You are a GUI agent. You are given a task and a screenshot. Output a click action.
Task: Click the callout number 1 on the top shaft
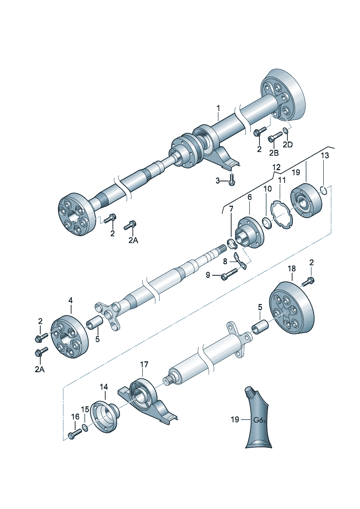(x=218, y=108)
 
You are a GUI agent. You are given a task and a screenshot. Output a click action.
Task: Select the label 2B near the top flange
(x=274, y=153)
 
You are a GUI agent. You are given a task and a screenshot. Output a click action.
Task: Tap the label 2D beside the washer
(x=287, y=145)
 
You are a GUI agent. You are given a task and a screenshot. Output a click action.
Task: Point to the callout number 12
(x=276, y=167)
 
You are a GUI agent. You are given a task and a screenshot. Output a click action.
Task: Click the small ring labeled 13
(x=325, y=190)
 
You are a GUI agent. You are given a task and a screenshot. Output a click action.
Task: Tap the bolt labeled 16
(x=74, y=434)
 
